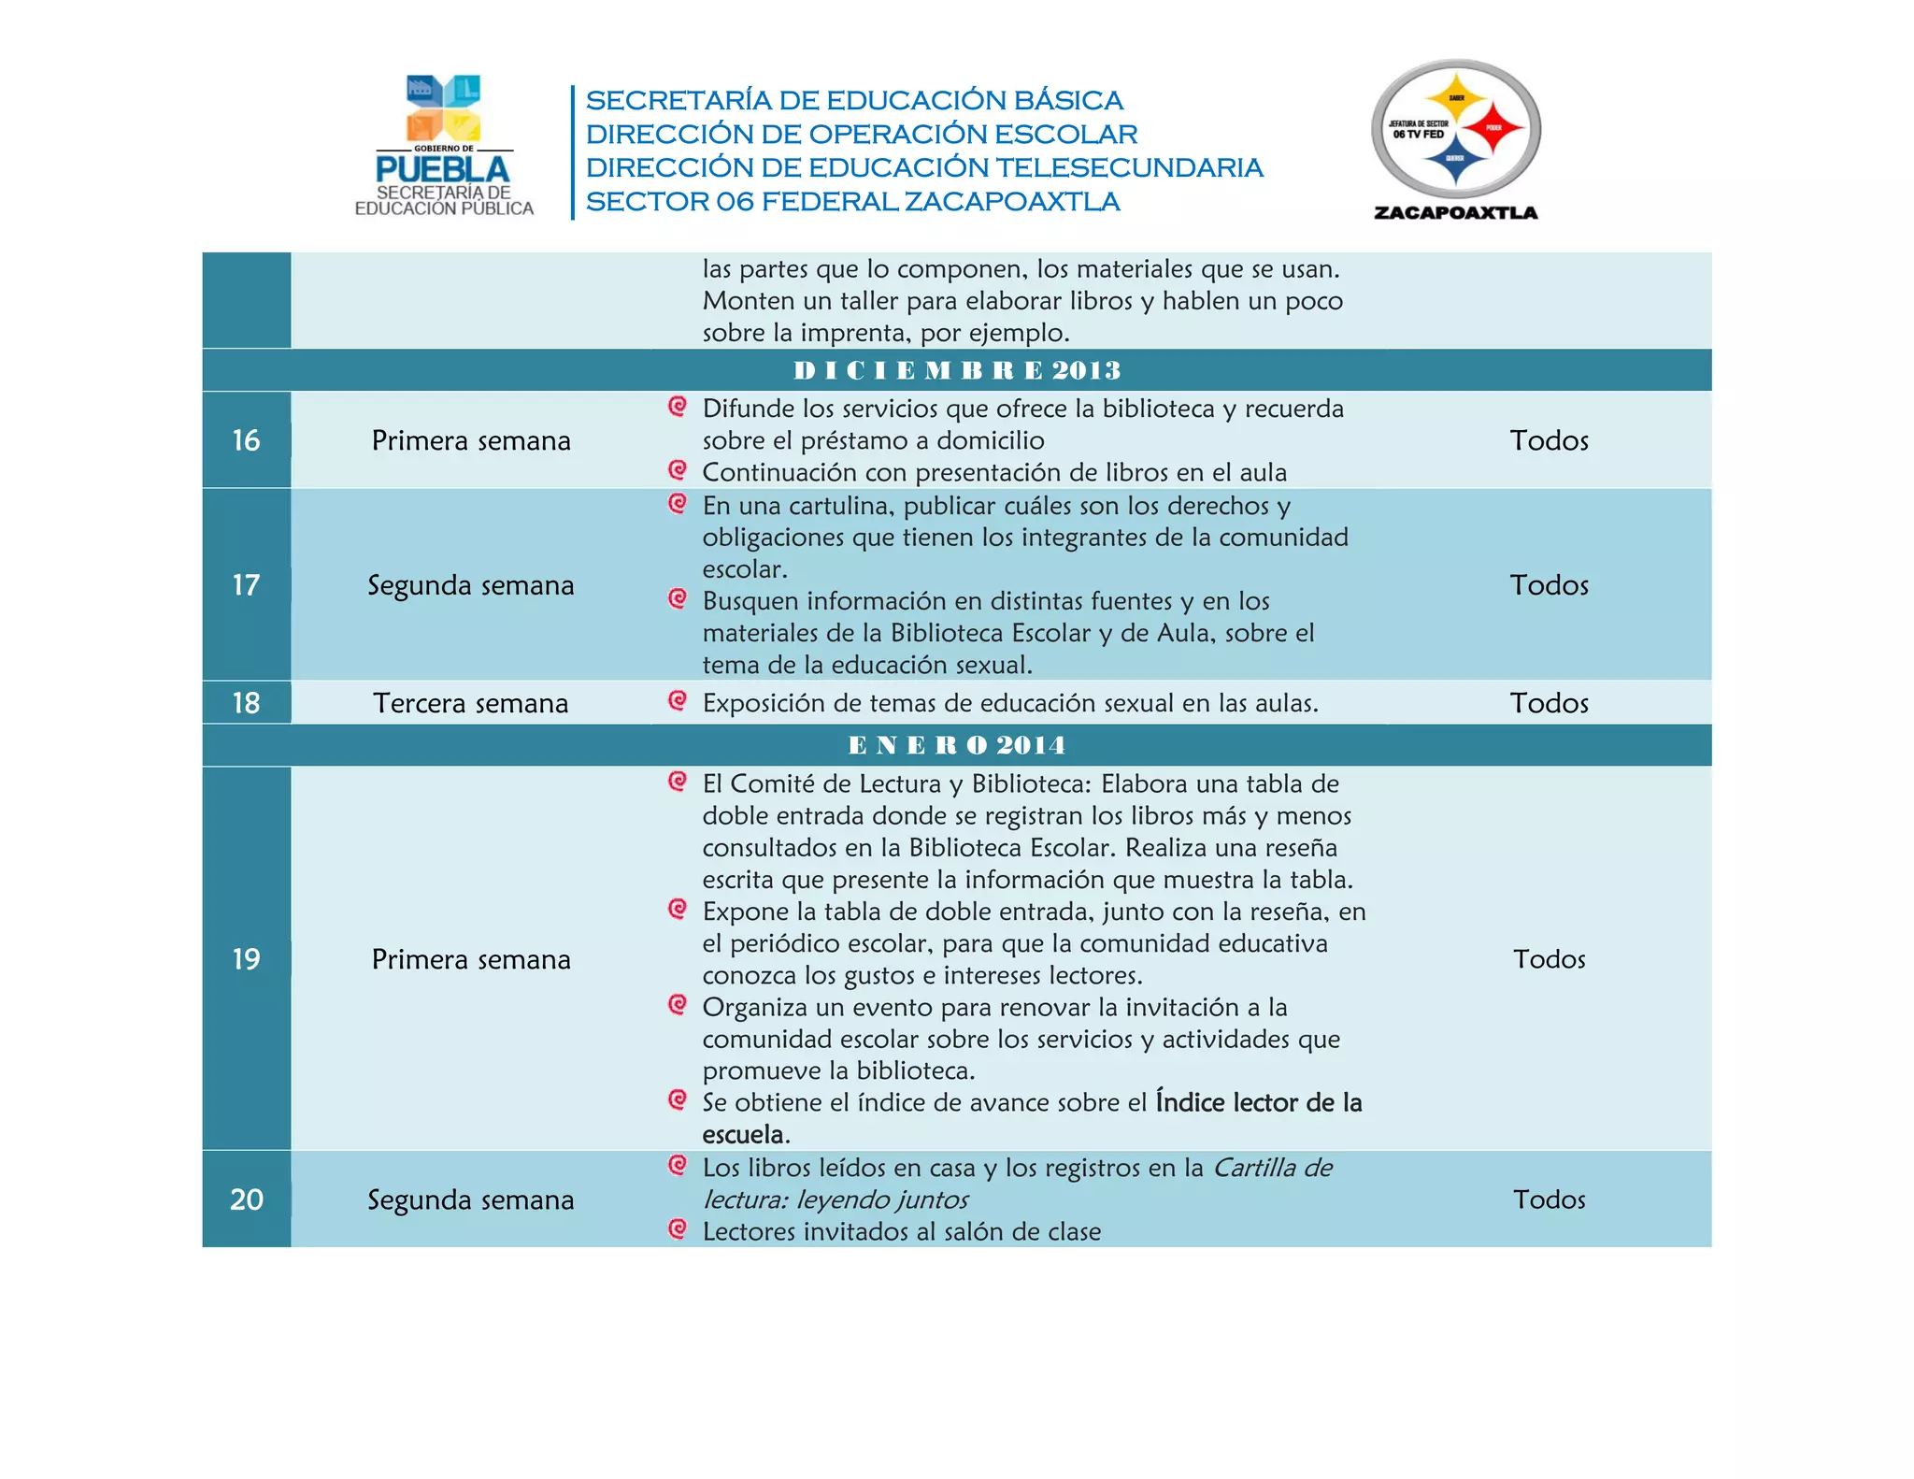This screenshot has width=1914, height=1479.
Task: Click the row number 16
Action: [246, 440]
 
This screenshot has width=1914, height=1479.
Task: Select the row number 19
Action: [246, 959]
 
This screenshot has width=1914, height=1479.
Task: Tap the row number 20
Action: [246, 1199]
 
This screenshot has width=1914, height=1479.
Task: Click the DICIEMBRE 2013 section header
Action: [956, 370]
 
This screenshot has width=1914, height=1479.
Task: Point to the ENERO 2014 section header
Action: [956, 745]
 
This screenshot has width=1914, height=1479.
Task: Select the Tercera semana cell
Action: [470, 703]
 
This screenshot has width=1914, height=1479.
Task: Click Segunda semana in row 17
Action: [470, 585]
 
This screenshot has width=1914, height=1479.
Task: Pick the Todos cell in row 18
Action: [1549, 703]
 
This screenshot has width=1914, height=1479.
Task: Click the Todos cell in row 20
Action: [1549, 1199]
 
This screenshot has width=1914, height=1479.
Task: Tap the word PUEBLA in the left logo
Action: [442, 169]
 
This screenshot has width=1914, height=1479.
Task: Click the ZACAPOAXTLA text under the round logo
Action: [1455, 212]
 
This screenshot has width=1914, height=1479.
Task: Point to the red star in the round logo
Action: [1493, 128]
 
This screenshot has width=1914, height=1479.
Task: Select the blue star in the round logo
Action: [1455, 160]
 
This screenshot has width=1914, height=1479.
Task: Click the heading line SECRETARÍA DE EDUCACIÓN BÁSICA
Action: [853, 100]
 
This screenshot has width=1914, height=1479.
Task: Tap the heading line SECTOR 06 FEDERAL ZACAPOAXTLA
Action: [851, 201]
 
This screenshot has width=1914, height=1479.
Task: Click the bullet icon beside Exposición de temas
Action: [678, 700]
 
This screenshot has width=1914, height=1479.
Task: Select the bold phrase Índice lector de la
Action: [1258, 1102]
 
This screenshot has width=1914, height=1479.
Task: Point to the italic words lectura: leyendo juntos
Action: [835, 1199]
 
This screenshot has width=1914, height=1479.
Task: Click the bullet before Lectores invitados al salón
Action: [678, 1228]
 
